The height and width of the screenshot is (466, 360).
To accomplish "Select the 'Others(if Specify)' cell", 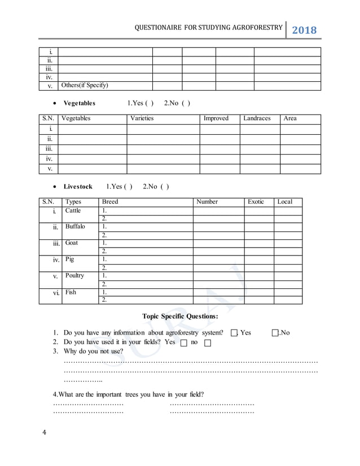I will point(85,86).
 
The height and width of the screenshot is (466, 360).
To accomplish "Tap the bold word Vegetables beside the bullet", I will point(79,103).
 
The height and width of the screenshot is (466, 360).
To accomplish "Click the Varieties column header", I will point(142,118).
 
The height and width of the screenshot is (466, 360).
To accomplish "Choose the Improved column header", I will point(216,118).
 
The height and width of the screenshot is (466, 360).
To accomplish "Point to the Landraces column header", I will point(257,118).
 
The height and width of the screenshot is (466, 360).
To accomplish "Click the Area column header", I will point(290,118).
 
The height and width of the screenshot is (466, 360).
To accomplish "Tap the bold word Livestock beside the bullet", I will point(78,187).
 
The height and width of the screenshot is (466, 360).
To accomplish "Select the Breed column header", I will point(110,202).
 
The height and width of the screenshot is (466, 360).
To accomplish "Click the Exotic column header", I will point(256,202).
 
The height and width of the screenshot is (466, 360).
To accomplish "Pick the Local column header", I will point(285,202).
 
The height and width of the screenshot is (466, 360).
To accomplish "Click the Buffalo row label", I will point(75,227).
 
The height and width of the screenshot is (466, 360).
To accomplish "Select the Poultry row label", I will point(74,276).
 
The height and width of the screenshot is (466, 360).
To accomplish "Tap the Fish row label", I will point(71,292).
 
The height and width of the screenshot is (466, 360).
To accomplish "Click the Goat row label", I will point(72,243).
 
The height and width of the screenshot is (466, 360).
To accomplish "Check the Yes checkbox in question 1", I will point(234,333).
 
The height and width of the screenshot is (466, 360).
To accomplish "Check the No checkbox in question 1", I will point(275,333).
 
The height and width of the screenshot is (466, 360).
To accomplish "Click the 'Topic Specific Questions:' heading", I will point(180,316).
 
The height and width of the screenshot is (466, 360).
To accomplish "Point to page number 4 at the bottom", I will point(44,433).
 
